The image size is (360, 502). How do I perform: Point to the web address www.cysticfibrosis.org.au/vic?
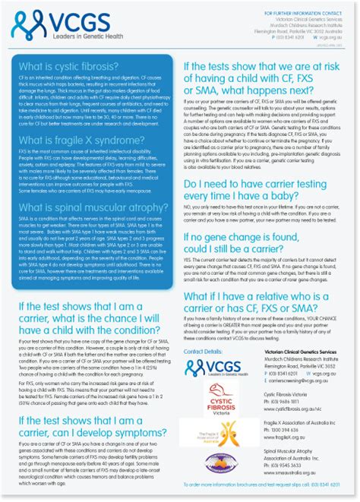[x=297, y=408]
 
